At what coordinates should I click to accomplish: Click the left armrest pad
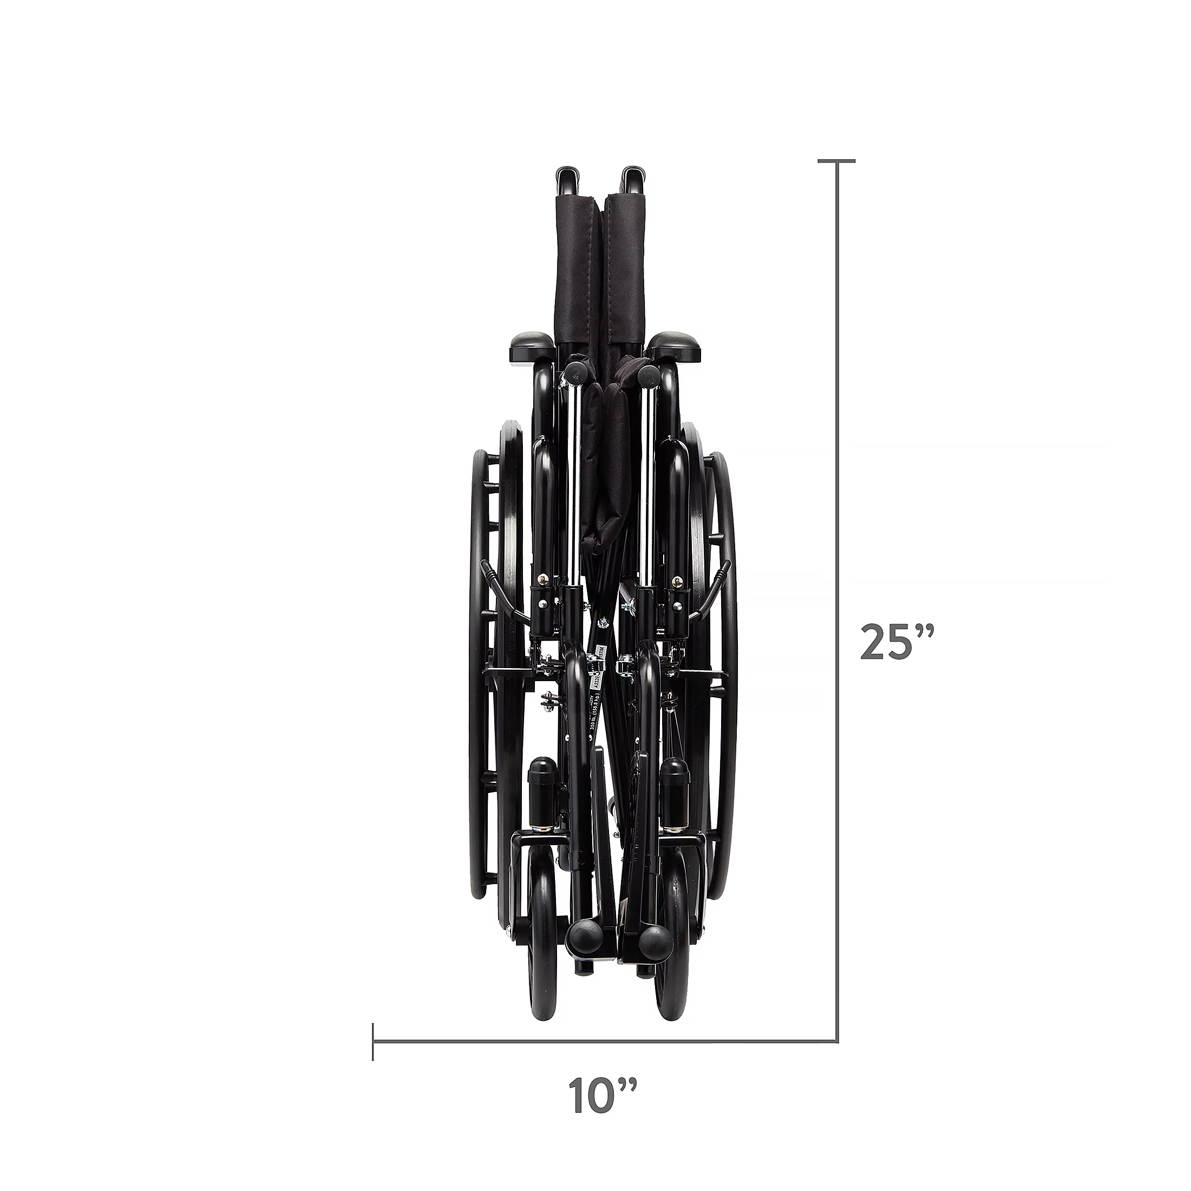533,348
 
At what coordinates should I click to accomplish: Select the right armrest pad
677,348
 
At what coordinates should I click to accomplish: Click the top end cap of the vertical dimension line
836,161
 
